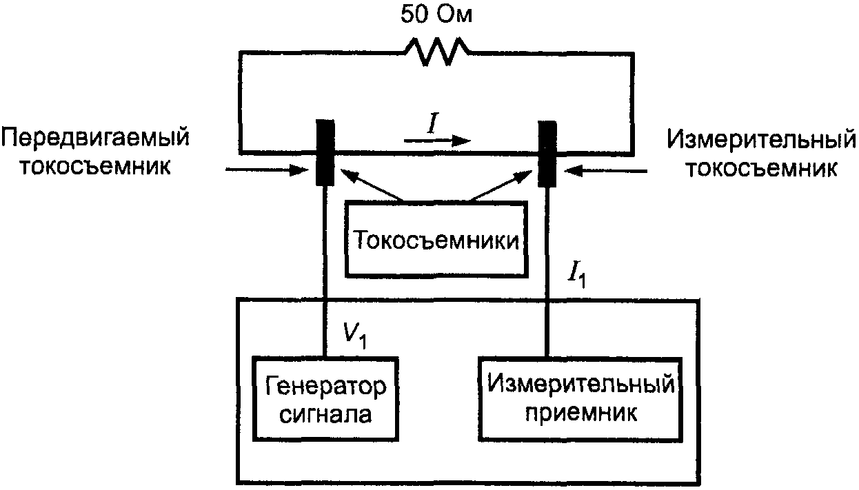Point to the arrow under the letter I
[x=437, y=141]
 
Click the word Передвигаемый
[x=94, y=139]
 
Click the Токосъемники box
[x=436, y=241]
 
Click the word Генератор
[x=326, y=385]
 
